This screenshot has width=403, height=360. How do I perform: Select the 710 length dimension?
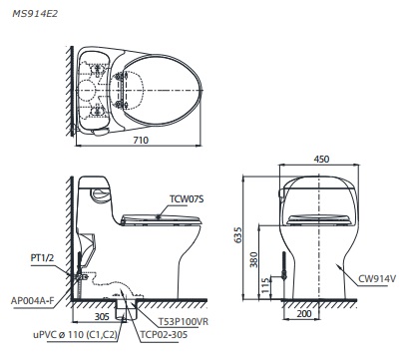[142, 141]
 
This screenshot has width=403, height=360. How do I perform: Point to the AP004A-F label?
[32, 297]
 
